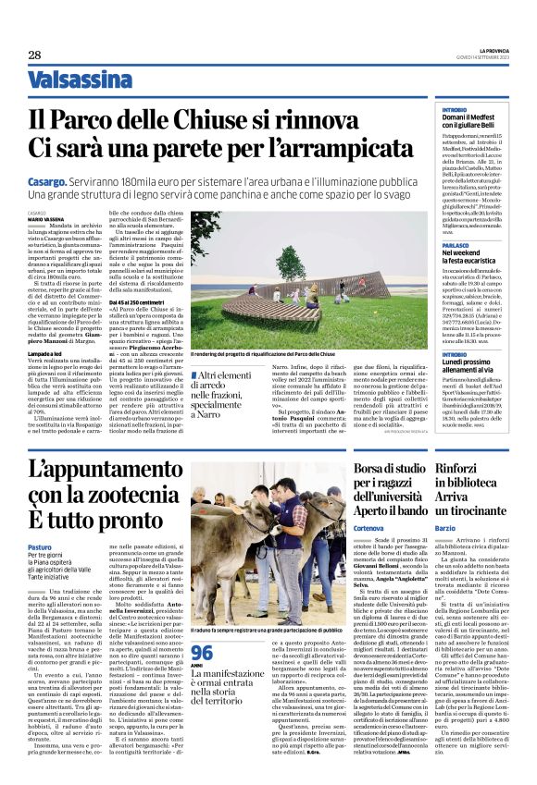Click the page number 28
[33, 55]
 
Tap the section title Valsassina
[80, 80]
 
